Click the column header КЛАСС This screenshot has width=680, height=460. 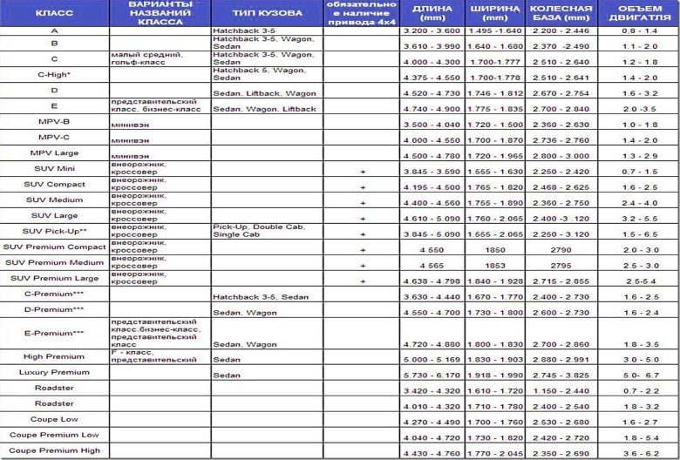(54, 15)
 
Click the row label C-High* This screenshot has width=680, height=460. (54, 75)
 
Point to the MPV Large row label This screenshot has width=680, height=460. (54, 152)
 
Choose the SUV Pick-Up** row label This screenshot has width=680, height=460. (54, 231)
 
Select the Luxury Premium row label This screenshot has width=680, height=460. (54, 372)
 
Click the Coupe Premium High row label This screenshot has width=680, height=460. (54, 450)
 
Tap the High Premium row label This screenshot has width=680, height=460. (54, 356)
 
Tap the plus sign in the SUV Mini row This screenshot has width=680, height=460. (363, 171)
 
